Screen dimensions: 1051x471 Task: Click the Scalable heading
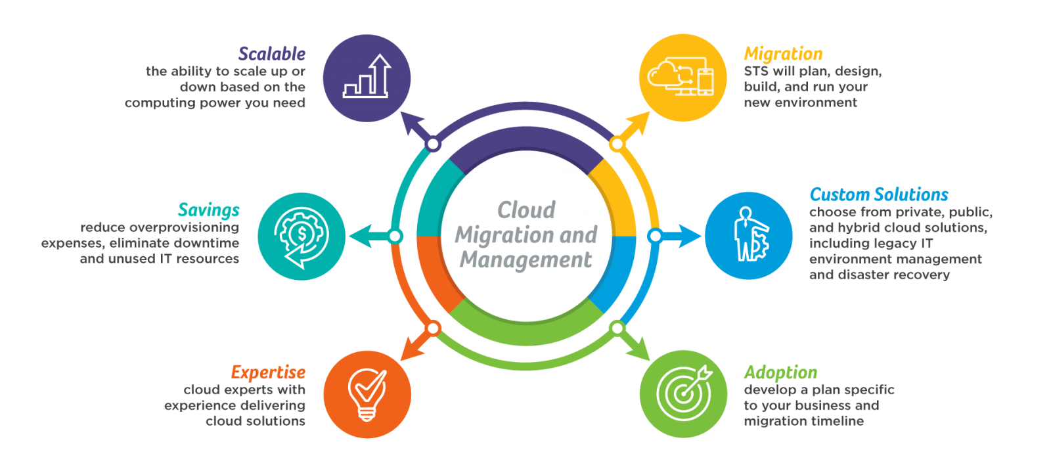272,54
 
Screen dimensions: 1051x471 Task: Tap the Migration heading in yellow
783,54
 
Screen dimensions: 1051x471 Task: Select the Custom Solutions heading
879,194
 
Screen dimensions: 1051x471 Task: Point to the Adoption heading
781,372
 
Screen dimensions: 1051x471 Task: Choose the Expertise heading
268,372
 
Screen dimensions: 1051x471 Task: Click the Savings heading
209,210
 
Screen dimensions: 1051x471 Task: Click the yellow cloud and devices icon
681,76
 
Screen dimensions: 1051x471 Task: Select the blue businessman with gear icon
750,234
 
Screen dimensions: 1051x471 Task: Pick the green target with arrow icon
684,393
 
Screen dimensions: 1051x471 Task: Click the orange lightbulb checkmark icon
367,395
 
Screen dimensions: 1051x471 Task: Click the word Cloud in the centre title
526,210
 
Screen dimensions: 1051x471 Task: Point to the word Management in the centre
525,259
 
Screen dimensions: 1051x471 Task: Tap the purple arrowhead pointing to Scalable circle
411,123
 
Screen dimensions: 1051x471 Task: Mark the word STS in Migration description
756,72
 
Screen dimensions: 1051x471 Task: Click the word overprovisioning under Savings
184,228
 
